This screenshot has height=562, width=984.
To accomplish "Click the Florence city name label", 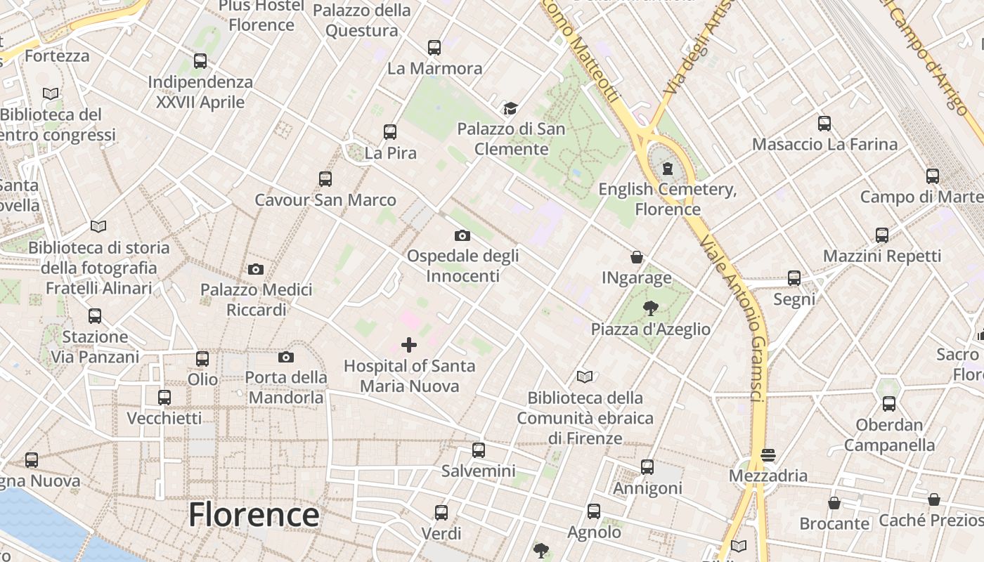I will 254,515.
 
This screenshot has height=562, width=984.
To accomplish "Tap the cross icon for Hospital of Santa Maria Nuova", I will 408,345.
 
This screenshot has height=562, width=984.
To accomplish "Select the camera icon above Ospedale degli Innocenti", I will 462,235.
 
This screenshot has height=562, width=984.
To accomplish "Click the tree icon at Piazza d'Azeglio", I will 650,308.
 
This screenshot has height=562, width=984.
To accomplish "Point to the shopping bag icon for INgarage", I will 637,257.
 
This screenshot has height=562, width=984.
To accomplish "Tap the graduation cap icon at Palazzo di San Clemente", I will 510,108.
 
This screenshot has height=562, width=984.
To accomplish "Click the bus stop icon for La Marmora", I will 434,48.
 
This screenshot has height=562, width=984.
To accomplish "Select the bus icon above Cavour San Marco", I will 325,179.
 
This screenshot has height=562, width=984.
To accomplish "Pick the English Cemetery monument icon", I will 667,169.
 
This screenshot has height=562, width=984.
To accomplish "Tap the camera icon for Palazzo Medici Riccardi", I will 256,269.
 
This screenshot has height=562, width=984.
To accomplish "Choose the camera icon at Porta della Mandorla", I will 285,357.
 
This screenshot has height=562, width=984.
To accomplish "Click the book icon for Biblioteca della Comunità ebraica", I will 585,377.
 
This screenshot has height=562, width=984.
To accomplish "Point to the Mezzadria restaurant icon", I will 768,455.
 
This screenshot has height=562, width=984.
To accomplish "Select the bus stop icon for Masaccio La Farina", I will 824,124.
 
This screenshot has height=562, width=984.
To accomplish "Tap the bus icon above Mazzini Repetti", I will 882,235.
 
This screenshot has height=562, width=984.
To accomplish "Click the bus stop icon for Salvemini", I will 479,450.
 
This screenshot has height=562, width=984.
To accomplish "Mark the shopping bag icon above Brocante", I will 834,503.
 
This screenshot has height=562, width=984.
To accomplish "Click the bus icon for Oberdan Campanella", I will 889,404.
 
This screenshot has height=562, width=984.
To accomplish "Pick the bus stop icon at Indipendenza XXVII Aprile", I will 200,61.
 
